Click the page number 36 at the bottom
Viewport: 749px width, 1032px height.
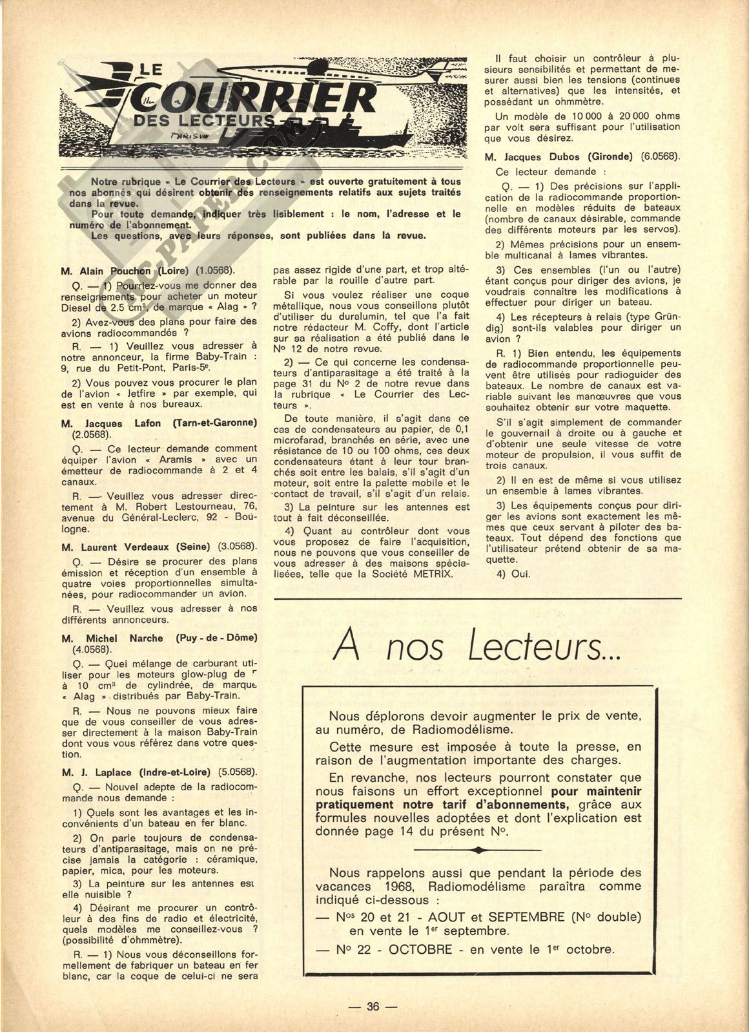click(x=373, y=1006)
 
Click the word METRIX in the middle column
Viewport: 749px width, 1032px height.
click(x=432, y=573)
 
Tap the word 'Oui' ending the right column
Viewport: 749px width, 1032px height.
click(x=520, y=573)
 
